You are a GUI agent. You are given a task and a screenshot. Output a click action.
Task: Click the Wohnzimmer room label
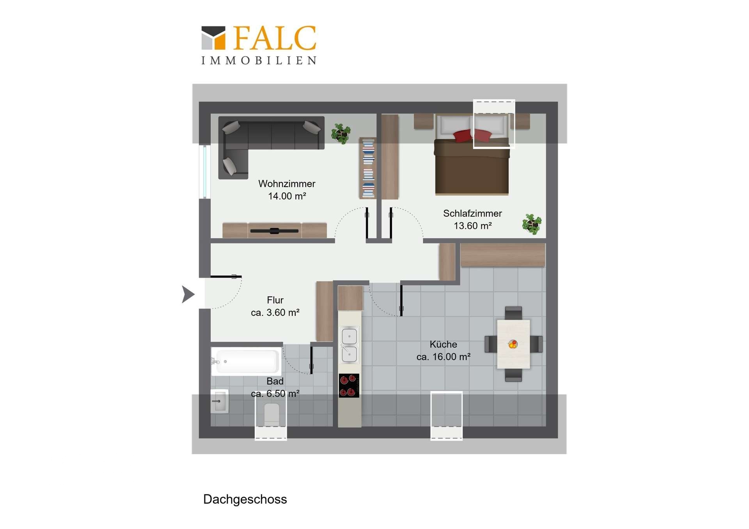(287, 184)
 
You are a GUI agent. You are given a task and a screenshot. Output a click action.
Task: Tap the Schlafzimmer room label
(472, 214)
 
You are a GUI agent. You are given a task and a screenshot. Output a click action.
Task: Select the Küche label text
(443, 344)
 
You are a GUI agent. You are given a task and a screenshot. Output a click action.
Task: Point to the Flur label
(275, 300)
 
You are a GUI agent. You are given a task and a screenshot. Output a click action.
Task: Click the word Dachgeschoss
(245, 499)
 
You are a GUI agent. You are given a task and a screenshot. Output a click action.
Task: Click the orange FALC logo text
(275, 38)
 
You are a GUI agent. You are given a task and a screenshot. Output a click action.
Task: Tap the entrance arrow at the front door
(188, 294)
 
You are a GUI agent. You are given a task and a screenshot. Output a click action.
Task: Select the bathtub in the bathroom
(246, 362)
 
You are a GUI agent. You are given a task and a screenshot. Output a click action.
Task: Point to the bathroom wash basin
(220, 401)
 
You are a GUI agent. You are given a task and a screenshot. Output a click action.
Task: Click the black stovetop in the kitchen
(349, 386)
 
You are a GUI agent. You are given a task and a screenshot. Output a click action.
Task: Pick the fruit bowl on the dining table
(513, 344)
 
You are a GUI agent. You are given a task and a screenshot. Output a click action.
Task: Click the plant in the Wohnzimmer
(341, 134)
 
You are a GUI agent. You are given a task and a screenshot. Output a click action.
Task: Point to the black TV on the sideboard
(274, 231)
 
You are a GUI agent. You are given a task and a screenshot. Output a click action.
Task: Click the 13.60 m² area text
(472, 226)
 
